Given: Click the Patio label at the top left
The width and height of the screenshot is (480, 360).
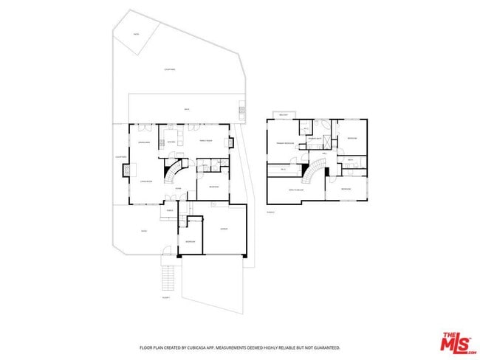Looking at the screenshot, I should pyautogui.click(x=137, y=34).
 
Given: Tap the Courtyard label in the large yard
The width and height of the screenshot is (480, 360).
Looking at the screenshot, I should pyautogui.click(x=170, y=70).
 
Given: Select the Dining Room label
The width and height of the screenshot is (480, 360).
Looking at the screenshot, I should pyautogui.click(x=145, y=142).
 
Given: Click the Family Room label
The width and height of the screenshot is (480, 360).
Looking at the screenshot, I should pyautogui.click(x=206, y=141).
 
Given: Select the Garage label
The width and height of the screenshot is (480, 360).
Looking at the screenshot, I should pyautogui.click(x=224, y=230).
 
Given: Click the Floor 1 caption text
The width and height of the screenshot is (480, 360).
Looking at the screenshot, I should pyautogui.click(x=165, y=297).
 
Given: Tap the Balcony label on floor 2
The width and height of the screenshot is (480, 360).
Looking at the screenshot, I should pyautogui.click(x=283, y=115).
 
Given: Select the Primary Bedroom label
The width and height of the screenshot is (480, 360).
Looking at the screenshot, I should pyautogui.click(x=285, y=142).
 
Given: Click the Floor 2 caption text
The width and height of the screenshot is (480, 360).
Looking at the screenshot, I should pyautogui.click(x=270, y=212).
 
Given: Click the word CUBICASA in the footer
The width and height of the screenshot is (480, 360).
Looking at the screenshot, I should pyautogui.click(x=191, y=347).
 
